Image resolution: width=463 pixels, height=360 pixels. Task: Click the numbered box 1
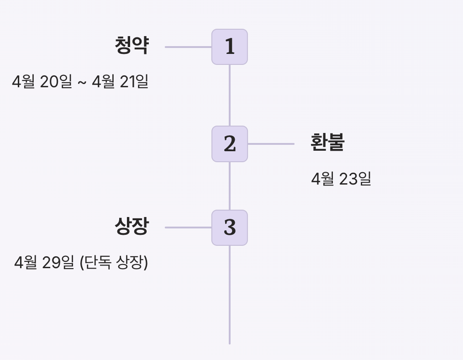click(x=230, y=47)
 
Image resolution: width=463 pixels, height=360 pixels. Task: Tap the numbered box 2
click(x=230, y=144)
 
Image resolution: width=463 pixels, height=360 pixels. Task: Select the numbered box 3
click(x=230, y=228)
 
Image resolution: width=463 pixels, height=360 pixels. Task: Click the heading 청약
click(x=132, y=46)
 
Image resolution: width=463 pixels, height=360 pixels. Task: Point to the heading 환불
click(x=327, y=143)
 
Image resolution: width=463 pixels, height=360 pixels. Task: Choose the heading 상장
click(x=132, y=226)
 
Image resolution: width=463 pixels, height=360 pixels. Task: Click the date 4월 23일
click(x=341, y=179)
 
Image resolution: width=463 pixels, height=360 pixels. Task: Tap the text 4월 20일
click(x=42, y=82)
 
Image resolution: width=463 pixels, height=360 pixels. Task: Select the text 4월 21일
click(x=120, y=82)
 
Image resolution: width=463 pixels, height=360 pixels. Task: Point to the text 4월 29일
click(x=44, y=263)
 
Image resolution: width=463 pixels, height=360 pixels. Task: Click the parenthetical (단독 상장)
click(x=114, y=263)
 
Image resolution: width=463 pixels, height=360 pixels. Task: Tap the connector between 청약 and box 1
click(x=188, y=47)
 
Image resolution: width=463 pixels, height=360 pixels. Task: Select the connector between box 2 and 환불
click(x=271, y=144)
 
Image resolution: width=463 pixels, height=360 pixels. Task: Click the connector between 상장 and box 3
click(x=188, y=228)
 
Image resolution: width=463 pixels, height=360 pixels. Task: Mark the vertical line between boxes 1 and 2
click(x=230, y=95)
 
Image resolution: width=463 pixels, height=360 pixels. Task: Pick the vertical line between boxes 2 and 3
click(x=230, y=186)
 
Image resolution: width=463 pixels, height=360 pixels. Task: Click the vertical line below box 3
click(x=230, y=295)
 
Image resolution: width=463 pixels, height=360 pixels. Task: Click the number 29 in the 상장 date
click(x=51, y=263)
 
